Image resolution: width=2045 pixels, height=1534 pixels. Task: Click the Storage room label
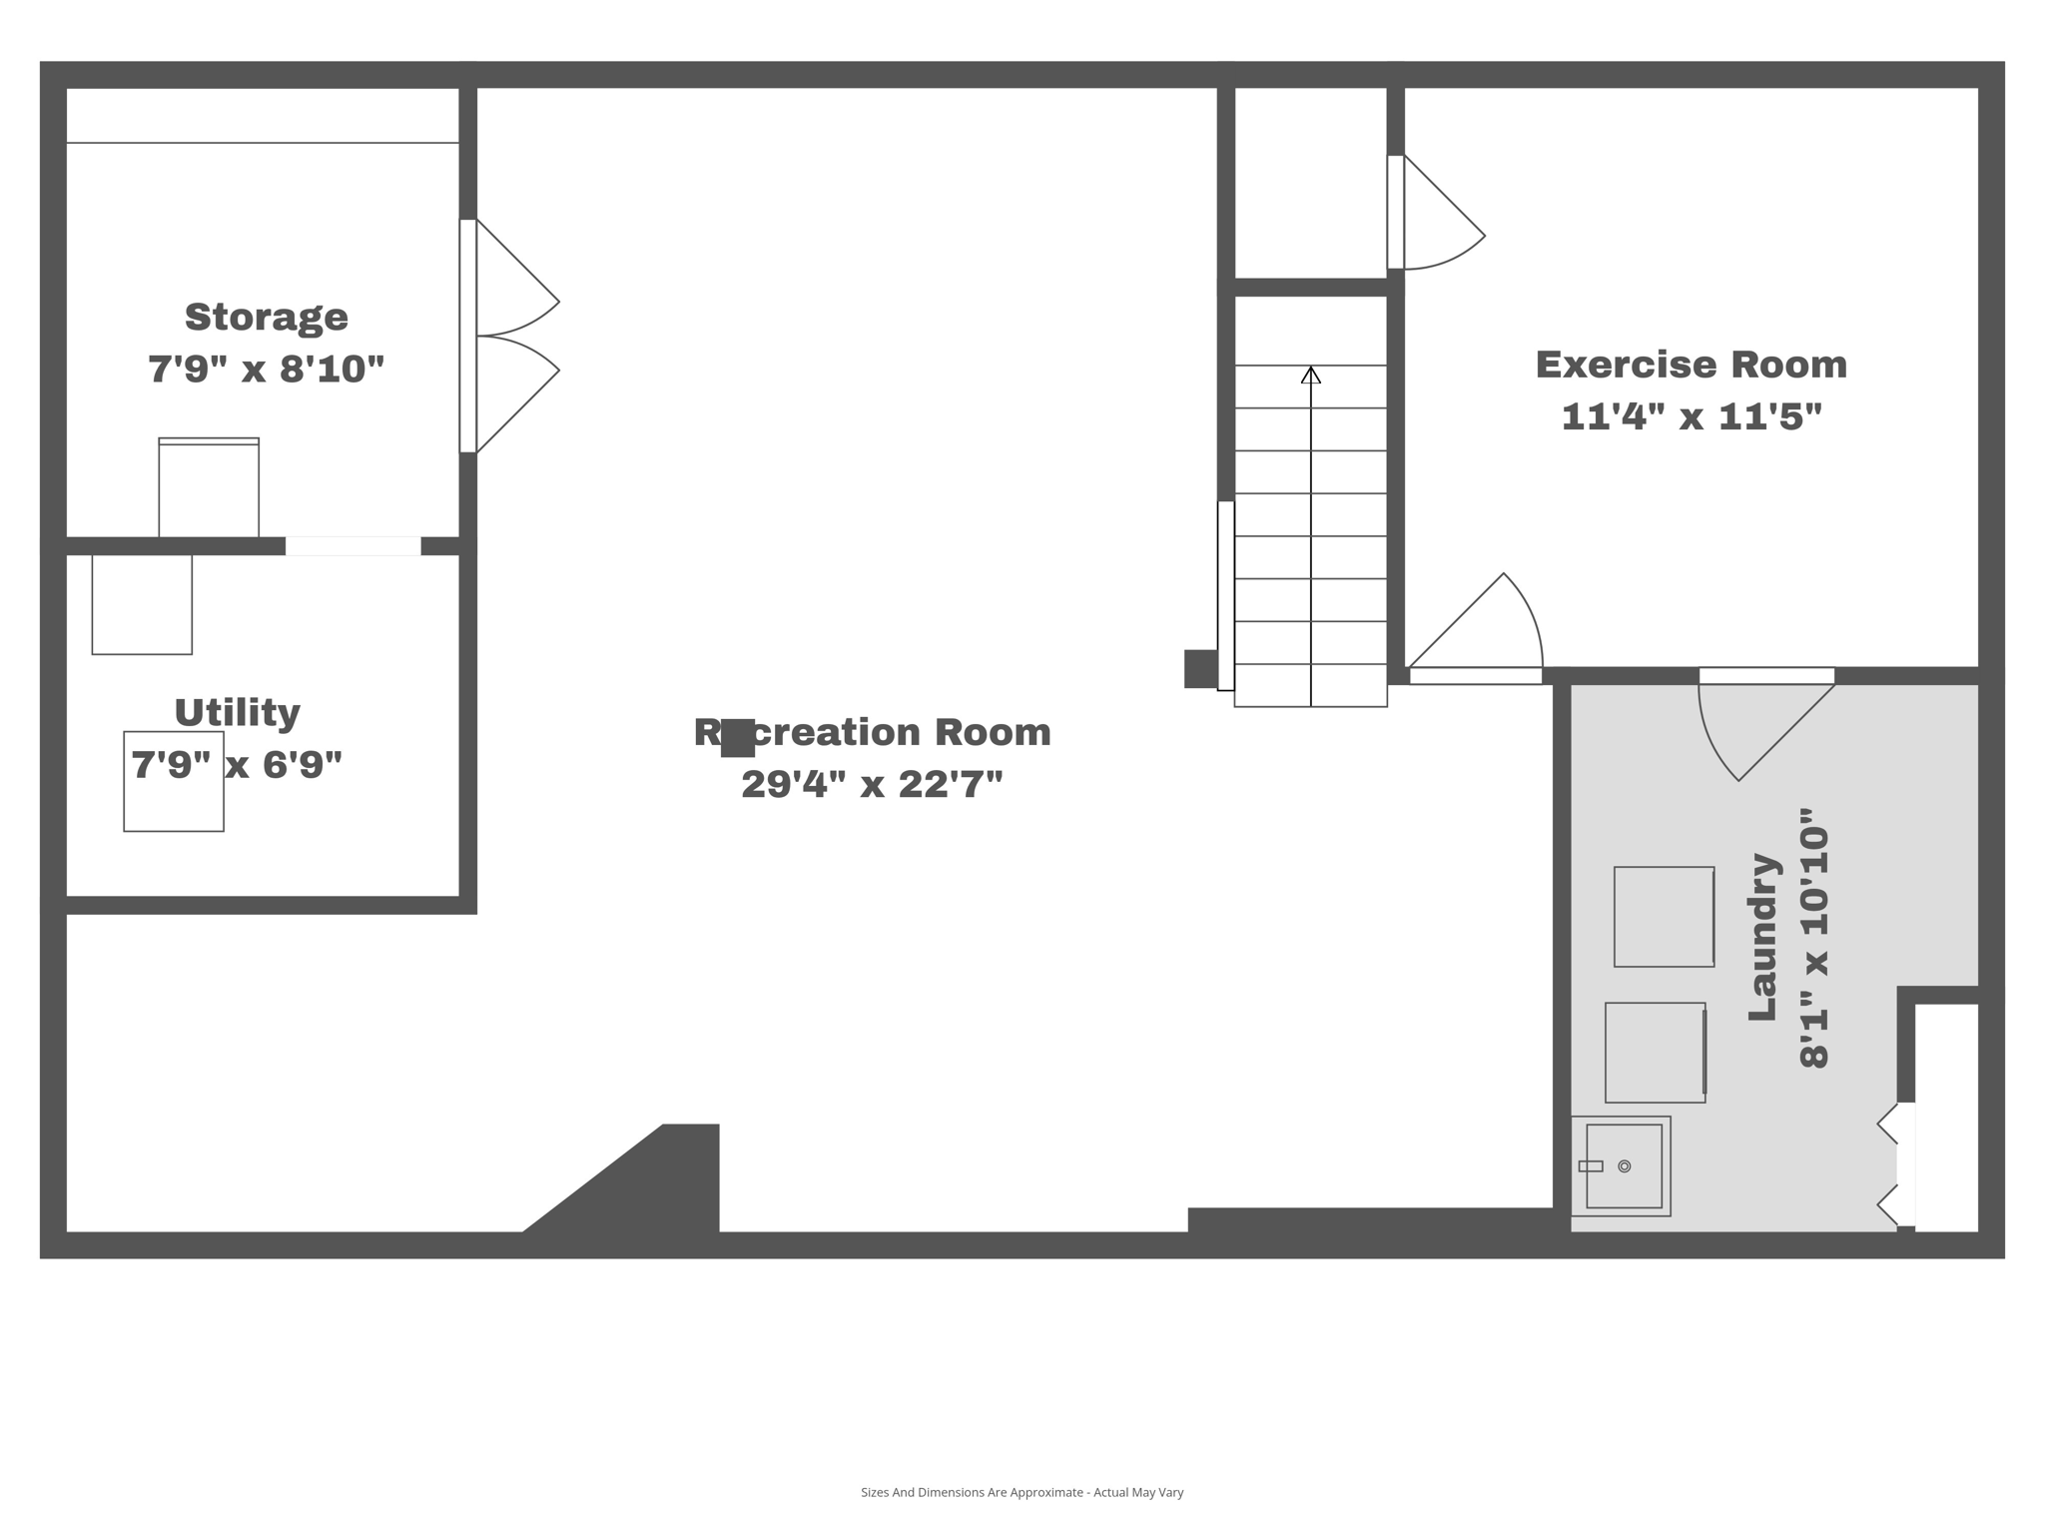coord(267,318)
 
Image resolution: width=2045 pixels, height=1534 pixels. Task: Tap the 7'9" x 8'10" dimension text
coord(267,370)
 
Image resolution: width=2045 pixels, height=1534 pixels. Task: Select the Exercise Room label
coord(1691,365)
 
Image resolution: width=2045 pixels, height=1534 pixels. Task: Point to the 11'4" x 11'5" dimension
coord(1691,416)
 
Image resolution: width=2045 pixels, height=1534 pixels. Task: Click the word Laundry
coord(1763,937)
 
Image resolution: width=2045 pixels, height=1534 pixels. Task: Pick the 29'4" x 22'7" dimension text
coord(872,784)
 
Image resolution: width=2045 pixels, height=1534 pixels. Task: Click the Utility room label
coord(238,713)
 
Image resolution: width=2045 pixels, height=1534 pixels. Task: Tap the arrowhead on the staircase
coord(1311,376)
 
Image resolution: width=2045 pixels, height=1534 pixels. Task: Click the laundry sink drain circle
coord(1625,1166)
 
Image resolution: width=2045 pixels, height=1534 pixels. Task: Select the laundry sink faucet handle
coord(1591,1166)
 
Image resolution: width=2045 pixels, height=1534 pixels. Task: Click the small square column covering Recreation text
coord(738,738)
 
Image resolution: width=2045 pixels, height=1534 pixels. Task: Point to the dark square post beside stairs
coord(1200,668)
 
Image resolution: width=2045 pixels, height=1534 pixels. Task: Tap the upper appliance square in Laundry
coord(1664,917)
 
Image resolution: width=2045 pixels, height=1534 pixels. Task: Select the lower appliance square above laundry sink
coord(1655,1053)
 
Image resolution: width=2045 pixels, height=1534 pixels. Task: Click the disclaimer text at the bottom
coord(1022,1493)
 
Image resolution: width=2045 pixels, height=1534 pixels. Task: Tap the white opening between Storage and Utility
coord(353,546)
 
